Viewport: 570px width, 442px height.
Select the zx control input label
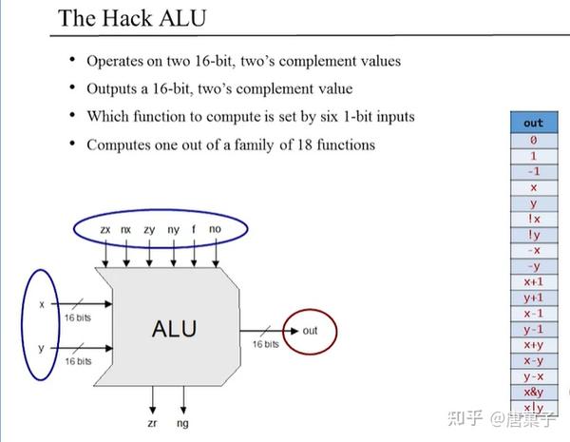click(x=105, y=230)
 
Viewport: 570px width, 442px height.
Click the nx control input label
click(x=127, y=230)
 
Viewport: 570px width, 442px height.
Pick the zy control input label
click(x=150, y=230)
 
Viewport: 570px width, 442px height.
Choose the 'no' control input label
click(x=217, y=230)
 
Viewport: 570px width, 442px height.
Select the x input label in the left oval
click(x=41, y=304)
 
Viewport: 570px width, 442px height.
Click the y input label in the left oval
click(x=41, y=348)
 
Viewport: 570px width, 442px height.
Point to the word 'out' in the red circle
click(x=310, y=330)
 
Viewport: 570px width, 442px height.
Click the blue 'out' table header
click(x=533, y=123)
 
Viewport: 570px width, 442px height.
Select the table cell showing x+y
click(x=533, y=345)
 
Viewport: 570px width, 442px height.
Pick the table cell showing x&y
click(x=533, y=392)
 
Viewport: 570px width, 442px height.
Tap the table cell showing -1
click(x=533, y=170)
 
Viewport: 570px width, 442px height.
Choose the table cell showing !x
click(x=533, y=219)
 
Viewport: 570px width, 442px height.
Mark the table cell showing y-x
click(x=533, y=376)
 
